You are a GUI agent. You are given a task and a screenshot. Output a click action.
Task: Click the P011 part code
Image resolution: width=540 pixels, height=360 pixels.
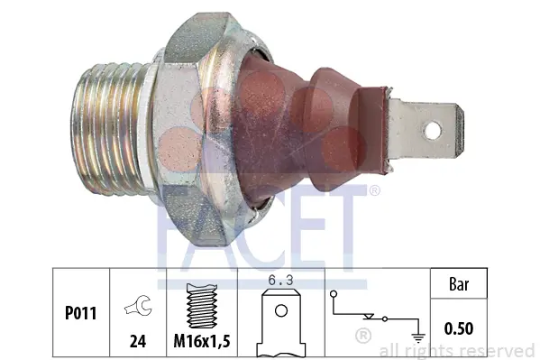[80, 313]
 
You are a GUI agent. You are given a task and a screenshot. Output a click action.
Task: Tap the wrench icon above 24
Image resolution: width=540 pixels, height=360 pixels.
[138, 305]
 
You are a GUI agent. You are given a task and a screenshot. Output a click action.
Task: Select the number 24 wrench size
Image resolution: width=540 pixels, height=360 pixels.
[138, 341]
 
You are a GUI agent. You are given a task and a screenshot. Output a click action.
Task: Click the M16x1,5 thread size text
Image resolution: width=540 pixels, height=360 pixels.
[202, 341]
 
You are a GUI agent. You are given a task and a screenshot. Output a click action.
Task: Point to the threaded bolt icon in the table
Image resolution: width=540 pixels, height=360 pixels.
[202, 306]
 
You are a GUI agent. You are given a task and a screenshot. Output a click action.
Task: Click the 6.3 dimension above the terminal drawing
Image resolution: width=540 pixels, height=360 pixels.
[280, 280]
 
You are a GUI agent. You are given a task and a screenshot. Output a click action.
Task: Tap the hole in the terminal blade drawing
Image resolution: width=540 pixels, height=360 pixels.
[281, 310]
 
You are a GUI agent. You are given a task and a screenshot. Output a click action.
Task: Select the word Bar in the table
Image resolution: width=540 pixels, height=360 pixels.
[459, 284]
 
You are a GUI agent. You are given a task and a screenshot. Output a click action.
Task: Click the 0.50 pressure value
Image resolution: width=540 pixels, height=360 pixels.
[459, 328]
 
